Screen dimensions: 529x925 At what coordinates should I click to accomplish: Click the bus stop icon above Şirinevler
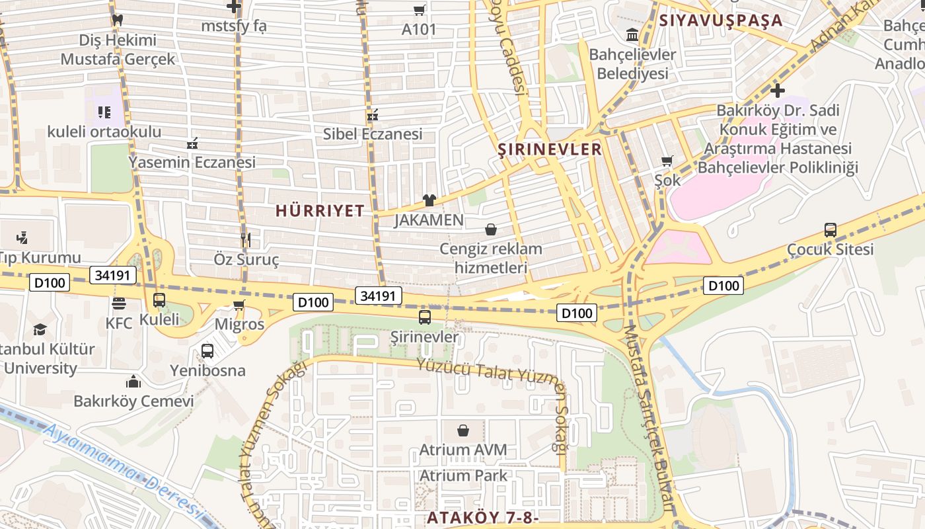(x=425, y=317)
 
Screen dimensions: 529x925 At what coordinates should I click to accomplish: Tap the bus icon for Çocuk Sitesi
(x=831, y=230)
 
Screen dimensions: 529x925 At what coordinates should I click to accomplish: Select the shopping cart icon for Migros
(x=239, y=305)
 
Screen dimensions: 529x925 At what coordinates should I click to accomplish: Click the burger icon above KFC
(x=119, y=304)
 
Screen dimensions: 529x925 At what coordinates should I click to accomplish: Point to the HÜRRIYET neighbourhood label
(x=320, y=211)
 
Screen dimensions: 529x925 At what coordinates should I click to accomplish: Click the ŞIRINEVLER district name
(x=550, y=149)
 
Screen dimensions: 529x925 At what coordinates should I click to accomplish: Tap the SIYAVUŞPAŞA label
(x=721, y=20)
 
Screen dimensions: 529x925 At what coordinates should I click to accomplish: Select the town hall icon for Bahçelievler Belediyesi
(x=632, y=34)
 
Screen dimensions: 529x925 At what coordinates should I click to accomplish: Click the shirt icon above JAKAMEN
(x=429, y=200)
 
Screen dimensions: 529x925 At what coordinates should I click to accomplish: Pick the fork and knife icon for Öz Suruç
(x=246, y=239)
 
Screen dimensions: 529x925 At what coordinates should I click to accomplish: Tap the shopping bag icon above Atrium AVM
(x=463, y=430)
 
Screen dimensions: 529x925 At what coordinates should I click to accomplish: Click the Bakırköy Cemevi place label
(x=133, y=401)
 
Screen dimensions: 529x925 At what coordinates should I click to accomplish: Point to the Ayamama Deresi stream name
(x=122, y=469)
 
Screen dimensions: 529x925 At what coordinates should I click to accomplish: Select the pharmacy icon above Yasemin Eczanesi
(x=192, y=143)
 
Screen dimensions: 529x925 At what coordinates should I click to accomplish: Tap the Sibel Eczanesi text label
(x=373, y=134)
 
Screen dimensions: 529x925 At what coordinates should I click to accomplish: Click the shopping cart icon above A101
(x=419, y=10)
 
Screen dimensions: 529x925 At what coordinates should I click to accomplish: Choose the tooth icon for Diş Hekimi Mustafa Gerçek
(x=118, y=20)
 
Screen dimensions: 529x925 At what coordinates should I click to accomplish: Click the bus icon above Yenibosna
(x=207, y=351)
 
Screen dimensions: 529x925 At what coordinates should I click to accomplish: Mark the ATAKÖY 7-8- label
(x=483, y=517)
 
